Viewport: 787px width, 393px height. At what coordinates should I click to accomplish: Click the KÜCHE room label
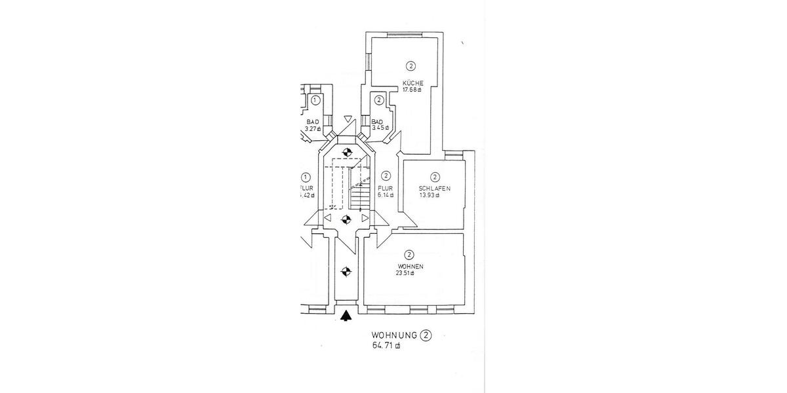[x=413, y=83]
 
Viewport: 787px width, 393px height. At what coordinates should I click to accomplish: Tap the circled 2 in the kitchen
[x=411, y=65]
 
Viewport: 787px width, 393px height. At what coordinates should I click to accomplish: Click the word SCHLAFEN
[x=434, y=188]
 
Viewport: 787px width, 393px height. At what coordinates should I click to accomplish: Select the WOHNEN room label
[x=410, y=267]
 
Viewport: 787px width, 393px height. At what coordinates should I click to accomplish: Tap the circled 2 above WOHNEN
[x=409, y=254]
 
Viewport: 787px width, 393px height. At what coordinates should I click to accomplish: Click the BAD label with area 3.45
[x=377, y=122]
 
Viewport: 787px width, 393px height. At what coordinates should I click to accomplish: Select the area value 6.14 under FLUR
[x=384, y=195]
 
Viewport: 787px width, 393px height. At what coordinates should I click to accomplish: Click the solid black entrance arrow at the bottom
[x=346, y=316]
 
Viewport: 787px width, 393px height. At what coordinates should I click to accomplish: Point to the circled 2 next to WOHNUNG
[x=426, y=336]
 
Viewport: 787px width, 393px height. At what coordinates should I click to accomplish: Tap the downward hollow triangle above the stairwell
[x=347, y=119]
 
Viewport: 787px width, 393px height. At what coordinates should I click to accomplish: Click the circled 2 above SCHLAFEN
[x=435, y=176]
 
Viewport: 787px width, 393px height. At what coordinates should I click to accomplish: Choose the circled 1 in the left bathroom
[x=315, y=100]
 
